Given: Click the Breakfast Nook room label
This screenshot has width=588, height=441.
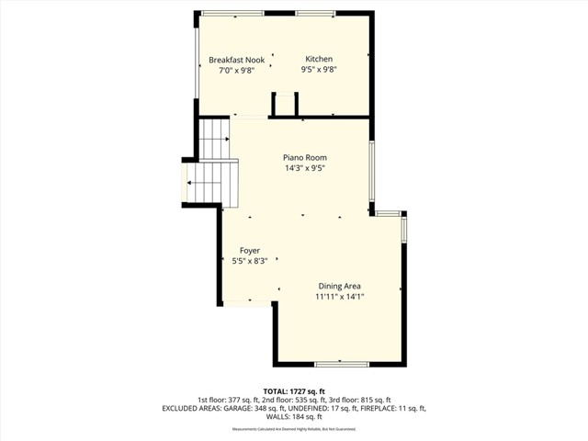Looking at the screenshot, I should [236, 60].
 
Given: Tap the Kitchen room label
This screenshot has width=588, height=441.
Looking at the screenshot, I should [319, 60].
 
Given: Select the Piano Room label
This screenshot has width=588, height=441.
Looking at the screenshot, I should [304, 157].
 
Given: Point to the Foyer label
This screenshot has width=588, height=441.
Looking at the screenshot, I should [250, 250].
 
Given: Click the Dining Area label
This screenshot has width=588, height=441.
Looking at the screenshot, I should [346, 286].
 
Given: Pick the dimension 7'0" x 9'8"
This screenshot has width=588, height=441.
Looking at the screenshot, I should [236, 71].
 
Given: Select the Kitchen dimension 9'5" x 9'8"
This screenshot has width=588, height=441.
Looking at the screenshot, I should [320, 71].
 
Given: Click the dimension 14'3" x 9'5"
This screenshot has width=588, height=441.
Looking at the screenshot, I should [304, 168].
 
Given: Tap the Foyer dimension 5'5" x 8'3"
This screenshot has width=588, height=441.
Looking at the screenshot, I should [250, 261].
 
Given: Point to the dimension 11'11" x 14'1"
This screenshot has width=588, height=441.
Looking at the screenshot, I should [346, 297].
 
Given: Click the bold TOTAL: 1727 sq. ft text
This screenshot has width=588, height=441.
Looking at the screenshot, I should [294, 391].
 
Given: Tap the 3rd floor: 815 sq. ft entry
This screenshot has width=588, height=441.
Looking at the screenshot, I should [359, 400].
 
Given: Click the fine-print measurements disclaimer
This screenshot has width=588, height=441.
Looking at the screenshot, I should [294, 428].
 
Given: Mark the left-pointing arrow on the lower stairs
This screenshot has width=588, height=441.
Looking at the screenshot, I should [190, 183].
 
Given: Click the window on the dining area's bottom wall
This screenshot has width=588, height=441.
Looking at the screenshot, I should [342, 365].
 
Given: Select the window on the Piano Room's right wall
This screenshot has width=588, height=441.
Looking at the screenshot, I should [371, 175].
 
